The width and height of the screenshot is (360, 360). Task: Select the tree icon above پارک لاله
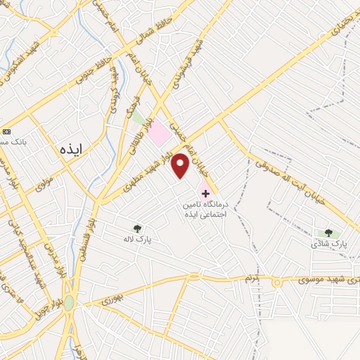137,228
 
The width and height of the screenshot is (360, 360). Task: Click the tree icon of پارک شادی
328,232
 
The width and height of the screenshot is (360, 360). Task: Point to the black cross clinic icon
205,193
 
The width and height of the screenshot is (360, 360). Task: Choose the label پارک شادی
330,244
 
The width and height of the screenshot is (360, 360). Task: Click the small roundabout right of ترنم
276,281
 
